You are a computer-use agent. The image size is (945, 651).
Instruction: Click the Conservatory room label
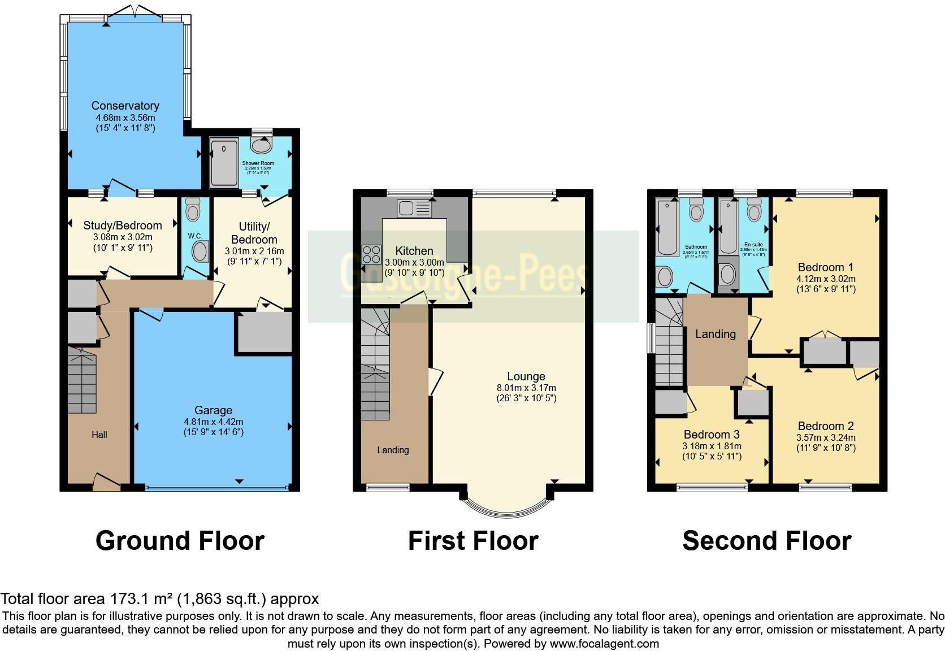[125, 106]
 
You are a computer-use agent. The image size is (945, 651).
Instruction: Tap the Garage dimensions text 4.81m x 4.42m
[213, 422]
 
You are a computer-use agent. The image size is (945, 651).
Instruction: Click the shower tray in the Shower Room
[224, 164]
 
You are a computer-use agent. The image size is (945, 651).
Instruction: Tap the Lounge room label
[526, 376]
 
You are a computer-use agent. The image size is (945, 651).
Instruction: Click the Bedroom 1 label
[825, 267]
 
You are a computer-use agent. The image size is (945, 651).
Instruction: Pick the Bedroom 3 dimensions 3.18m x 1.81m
[712, 446]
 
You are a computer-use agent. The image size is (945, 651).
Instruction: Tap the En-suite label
[753, 245]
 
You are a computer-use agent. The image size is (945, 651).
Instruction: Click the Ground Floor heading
[180, 541]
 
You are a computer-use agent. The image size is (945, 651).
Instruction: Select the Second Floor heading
[766, 541]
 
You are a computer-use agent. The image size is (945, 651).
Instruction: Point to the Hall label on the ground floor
[99, 435]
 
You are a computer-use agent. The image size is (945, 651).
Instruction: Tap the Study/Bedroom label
[123, 225]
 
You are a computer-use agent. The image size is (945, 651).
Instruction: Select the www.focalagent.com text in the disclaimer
[604, 644]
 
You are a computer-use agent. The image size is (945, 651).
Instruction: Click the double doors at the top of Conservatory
[134, 13]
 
